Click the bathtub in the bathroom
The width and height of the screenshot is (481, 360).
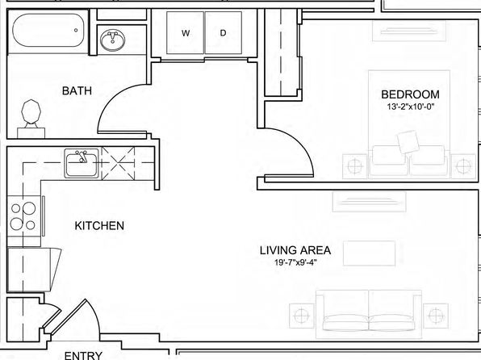pos(48,30)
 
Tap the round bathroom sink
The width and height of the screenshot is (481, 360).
pos(112,40)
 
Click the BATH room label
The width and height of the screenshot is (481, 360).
pos(77,91)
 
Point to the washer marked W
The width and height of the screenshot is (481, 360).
pos(185,33)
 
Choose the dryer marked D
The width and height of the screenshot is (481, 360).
pos(224,33)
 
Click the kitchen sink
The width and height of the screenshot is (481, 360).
pos(82,163)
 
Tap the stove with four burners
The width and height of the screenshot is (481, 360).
pos(24,216)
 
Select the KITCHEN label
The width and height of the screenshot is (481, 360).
pos(99,226)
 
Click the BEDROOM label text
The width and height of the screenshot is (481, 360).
pos(410,94)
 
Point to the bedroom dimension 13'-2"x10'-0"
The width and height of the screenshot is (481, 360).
pos(411,107)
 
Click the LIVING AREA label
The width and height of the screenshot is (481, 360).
pos(295,250)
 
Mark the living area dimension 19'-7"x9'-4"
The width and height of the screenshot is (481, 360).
pos(295,262)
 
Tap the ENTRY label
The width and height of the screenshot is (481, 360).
pos(83,355)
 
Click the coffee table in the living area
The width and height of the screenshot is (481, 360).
pos(369,253)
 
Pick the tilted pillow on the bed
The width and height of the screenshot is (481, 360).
pos(408,142)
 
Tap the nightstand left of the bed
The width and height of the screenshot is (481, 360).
pos(354,166)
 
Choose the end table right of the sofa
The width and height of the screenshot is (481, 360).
pos(436,316)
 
